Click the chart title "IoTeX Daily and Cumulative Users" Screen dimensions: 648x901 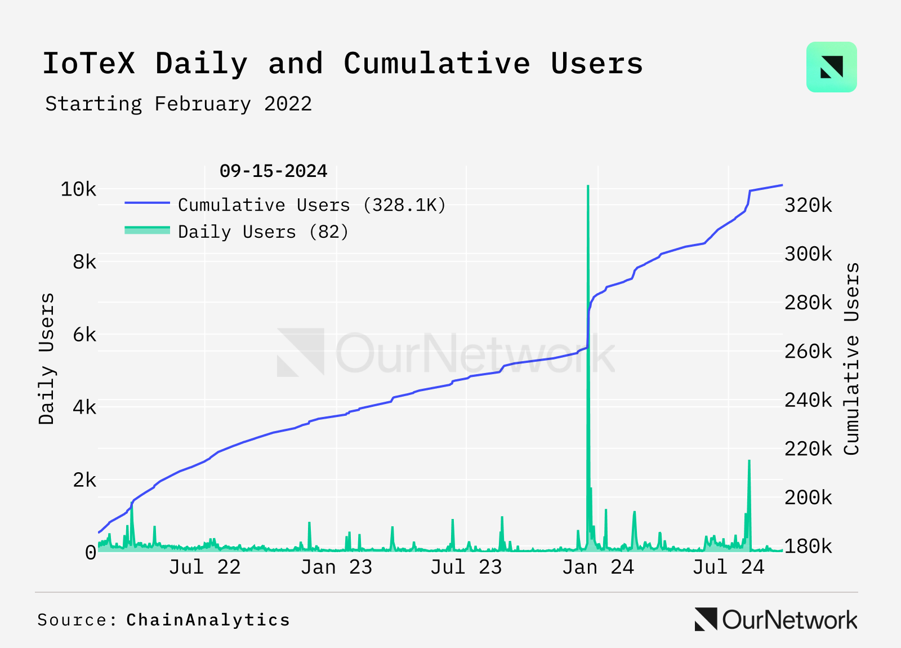[342, 63]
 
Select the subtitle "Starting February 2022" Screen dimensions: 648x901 [179, 104]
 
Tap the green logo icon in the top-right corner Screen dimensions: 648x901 [831, 67]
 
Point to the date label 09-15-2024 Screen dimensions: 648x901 [273, 171]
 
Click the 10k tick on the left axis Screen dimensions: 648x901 [78, 189]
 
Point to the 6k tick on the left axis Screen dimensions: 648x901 [84, 335]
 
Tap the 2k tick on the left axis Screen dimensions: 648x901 [84, 480]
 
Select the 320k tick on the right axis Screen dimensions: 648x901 [808, 205]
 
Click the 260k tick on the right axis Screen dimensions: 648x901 [808, 352]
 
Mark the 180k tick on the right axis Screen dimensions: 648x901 [808, 546]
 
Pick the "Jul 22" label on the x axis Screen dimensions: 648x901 [204, 567]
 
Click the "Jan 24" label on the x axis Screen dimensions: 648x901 [598, 567]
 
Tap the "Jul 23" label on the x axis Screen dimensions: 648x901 [466, 567]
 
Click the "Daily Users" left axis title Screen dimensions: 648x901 [47, 358]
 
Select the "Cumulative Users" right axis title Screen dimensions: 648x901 [851, 358]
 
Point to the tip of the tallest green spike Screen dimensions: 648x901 [588, 186]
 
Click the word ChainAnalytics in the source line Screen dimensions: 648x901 [208, 620]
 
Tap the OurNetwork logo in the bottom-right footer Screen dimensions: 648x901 [776, 620]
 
